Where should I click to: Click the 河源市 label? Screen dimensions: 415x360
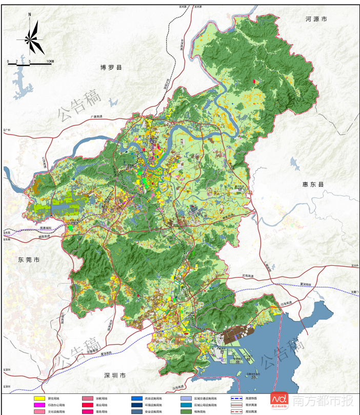tap(316, 19)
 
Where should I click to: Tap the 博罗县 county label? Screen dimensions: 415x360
tap(111, 67)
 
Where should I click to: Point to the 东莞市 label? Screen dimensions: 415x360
tap(29, 260)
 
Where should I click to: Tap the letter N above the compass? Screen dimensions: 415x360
tap(30, 15)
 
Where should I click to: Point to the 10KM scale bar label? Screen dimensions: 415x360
tap(50, 61)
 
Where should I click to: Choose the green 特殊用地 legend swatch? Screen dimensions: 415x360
tap(186, 411)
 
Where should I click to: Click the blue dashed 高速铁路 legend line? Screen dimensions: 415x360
tap(236, 398)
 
